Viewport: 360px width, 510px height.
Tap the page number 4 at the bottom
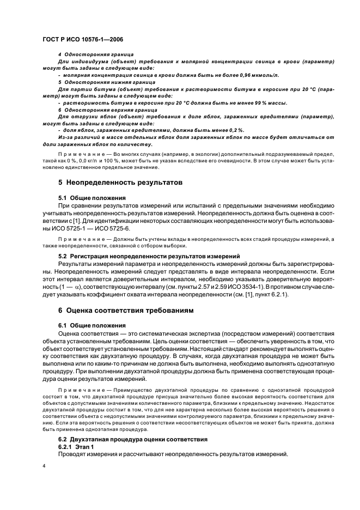click(x=44, y=466)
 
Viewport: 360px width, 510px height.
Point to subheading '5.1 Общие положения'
click(x=91, y=197)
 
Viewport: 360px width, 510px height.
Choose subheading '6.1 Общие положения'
click(x=91, y=325)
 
